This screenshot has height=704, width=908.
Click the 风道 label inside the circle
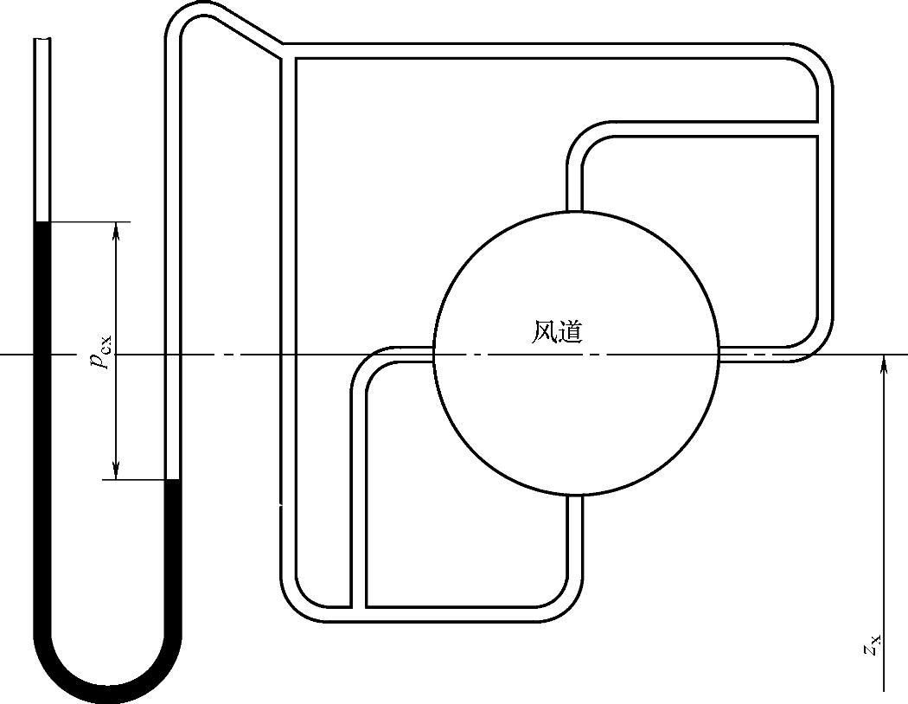click(556, 331)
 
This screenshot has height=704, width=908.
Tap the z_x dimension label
click(874, 643)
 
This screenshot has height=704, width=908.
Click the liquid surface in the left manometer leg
click(42, 223)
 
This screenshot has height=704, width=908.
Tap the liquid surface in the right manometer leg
click(173, 479)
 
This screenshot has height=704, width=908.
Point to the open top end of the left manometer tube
click(42, 41)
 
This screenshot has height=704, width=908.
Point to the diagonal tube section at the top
click(246, 32)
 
